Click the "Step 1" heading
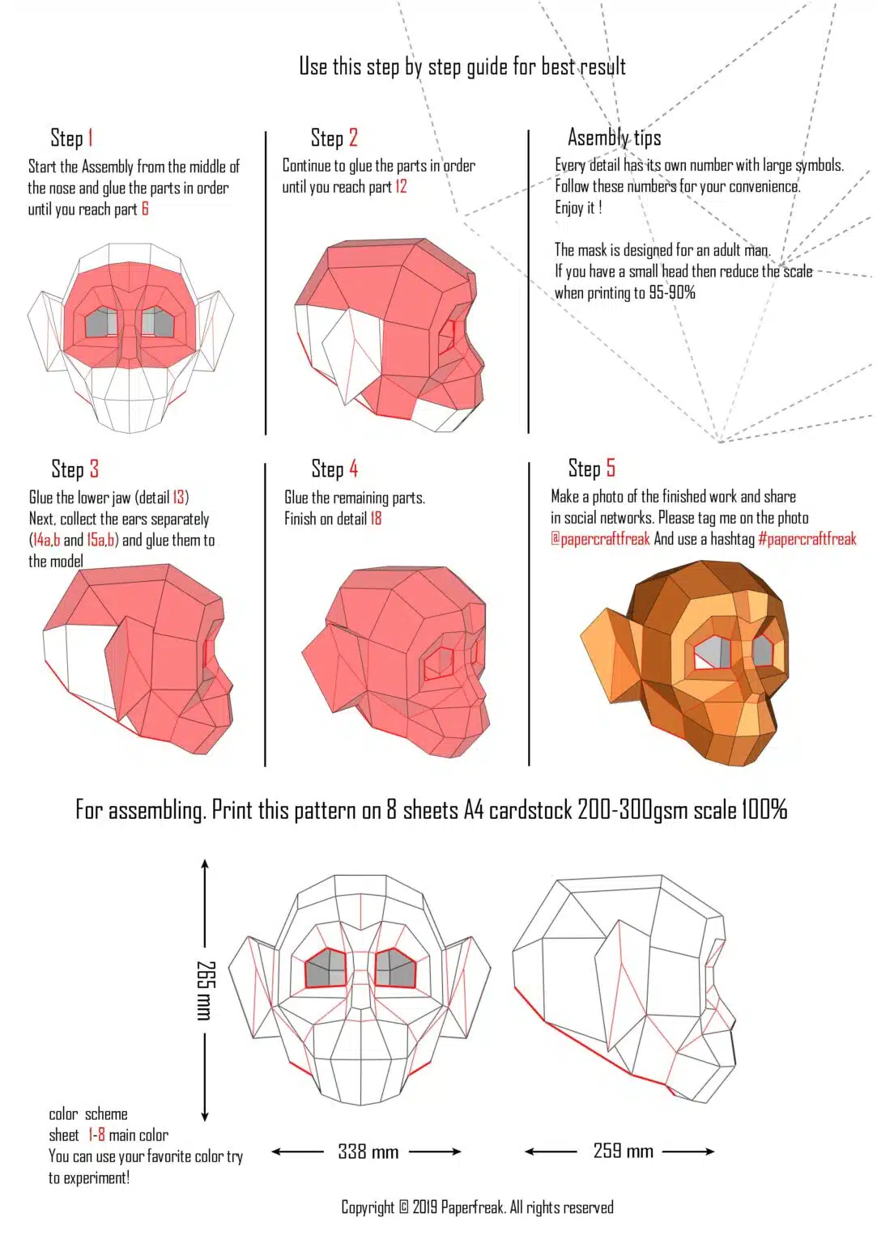[71, 138]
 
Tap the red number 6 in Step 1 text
[145, 209]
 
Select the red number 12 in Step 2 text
[401, 187]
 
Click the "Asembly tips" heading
[614, 138]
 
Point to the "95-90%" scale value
[671, 293]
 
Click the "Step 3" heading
[75, 469]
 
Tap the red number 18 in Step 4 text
[376, 519]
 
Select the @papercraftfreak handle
[600, 539]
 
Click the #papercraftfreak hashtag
[807, 539]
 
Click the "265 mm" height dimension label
[206, 990]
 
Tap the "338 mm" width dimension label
[368, 1152]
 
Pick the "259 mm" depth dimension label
[623, 1151]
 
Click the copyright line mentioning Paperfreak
[477, 1207]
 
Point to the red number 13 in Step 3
[179, 498]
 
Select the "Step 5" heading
[591, 469]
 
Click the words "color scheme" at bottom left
[87, 1114]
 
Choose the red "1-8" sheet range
[96, 1135]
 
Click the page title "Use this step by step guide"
[462, 66]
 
